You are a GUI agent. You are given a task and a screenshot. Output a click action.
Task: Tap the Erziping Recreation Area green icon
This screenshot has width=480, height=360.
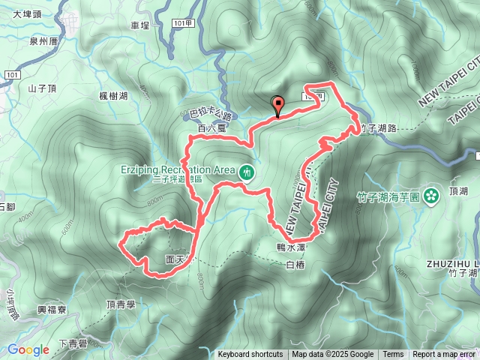click(x=247, y=172)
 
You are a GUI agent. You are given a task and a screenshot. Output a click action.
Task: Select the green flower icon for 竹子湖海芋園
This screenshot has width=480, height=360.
click(x=430, y=196)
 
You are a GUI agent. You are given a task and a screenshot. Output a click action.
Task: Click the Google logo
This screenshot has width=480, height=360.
click(x=28, y=349)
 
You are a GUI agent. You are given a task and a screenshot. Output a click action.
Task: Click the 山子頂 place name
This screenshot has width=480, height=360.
click(x=42, y=88)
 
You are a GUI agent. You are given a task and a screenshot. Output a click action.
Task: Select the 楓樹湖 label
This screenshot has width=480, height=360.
click(x=113, y=96)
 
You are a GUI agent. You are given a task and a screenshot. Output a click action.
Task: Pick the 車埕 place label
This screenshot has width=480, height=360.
click(x=140, y=25)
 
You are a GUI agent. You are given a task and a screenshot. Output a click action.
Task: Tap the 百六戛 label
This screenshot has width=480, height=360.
click(x=211, y=129)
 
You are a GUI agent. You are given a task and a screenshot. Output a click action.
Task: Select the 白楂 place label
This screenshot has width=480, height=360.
click(x=295, y=264)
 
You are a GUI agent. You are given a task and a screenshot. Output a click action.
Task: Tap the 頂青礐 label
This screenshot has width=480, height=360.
click(x=120, y=304)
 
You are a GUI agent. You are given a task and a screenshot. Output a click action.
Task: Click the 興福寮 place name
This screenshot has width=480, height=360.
click(x=52, y=309)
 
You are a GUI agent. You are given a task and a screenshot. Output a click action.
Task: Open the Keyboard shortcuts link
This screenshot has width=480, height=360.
click(x=250, y=355)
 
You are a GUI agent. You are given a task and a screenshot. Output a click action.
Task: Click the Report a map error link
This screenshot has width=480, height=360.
click(x=443, y=355)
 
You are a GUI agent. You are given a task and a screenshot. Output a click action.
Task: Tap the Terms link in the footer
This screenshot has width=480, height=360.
click(x=393, y=355)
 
